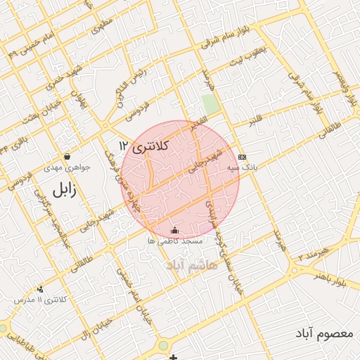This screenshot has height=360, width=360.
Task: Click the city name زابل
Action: pos(63,189)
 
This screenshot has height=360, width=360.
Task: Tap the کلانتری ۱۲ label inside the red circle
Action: pos(144,146)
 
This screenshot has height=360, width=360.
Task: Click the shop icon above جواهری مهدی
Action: pos(67,156)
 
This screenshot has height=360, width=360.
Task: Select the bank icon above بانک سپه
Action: pos(243,157)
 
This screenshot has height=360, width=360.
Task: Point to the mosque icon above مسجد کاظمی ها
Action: pos(174,230)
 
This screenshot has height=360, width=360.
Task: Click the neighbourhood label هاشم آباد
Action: pos(192,265)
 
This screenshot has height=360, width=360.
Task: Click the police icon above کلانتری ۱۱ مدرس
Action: pos(40,288)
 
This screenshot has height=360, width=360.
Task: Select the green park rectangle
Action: pos(210,104)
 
